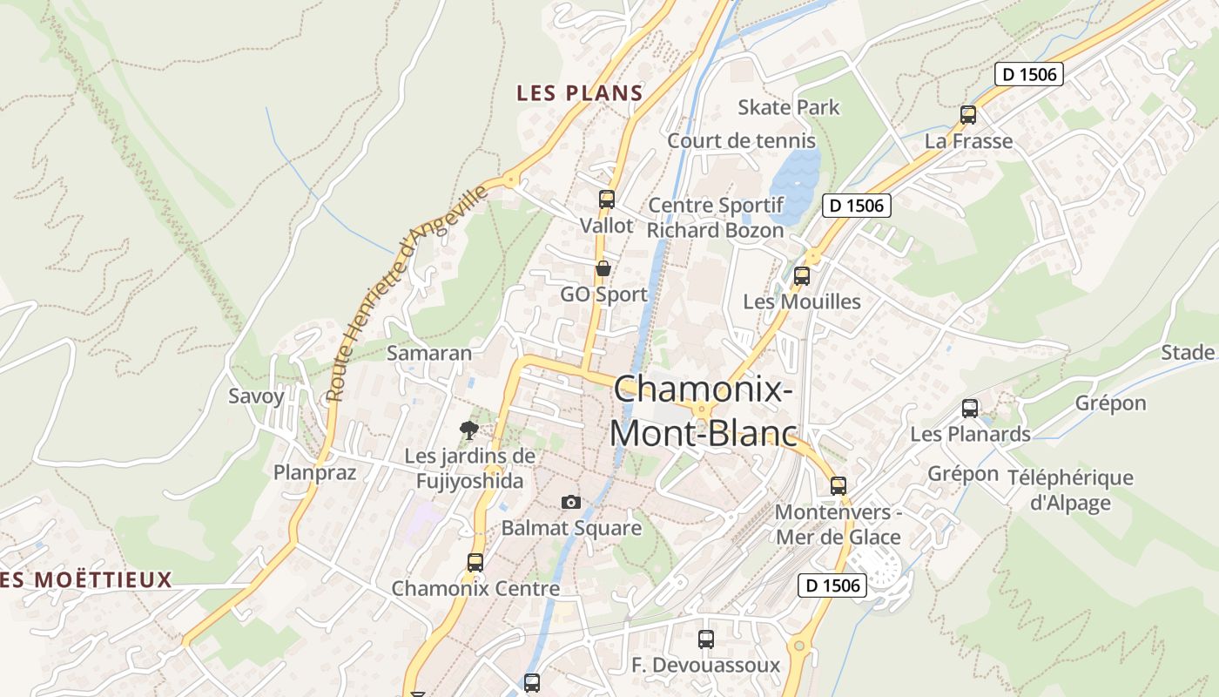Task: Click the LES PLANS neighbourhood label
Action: pos(579,93)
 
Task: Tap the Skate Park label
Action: pos(788,107)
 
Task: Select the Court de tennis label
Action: pos(741,140)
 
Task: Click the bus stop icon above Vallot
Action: pos(607,200)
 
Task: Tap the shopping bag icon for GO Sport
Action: pos(603,268)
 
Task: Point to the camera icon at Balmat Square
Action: pos(570,502)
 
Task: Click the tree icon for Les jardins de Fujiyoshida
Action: pos(469,430)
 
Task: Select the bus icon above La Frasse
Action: pos(967,115)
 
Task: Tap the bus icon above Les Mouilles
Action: pos(801,276)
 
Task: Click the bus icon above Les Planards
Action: pos(969,408)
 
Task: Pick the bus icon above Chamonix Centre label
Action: pos(475,563)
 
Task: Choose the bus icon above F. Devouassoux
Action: pos(705,639)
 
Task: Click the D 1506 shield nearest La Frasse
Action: pos(1029,74)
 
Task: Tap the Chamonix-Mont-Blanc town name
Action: pos(704,410)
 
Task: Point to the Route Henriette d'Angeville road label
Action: pos(407,294)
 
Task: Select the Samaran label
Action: pos(428,353)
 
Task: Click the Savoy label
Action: pos(256,396)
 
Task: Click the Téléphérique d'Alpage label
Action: pos(1070,490)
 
